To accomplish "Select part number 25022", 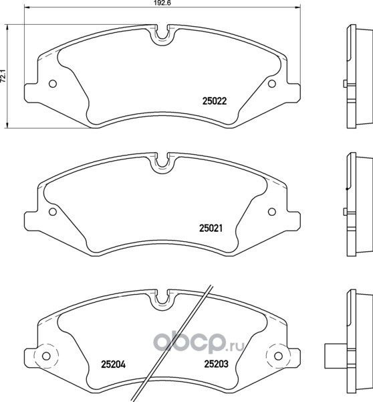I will (x=215, y=102).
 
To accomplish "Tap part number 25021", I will (x=210, y=228).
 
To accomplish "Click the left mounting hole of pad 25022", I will (x=53, y=84).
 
